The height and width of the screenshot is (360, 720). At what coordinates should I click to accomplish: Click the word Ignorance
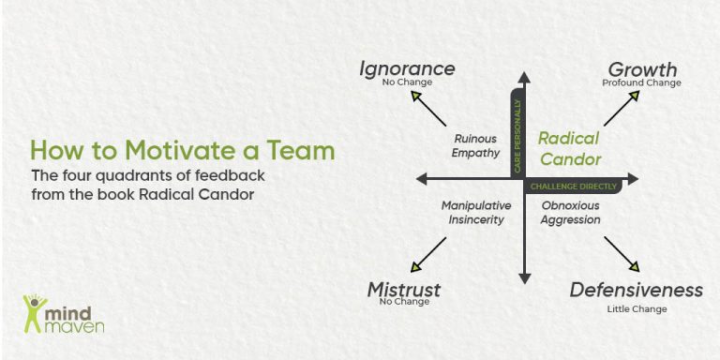408,68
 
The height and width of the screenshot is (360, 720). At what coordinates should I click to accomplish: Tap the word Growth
642,69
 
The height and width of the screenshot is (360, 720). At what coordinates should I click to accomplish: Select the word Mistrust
403,290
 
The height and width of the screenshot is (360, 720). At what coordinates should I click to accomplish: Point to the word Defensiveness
636,290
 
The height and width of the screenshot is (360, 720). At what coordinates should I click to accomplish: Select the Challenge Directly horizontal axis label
573,187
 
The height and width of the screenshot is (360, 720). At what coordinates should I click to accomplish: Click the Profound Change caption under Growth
641,83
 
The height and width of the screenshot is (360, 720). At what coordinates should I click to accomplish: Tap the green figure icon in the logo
34,314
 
